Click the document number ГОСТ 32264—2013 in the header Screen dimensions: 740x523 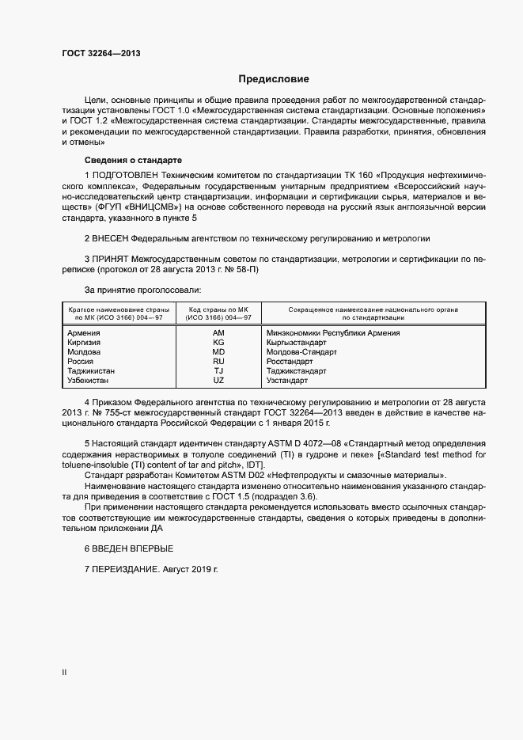pyautogui.click(x=100, y=54)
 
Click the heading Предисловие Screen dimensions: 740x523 pyautogui.click(x=274, y=79)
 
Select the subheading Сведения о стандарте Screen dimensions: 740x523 pyautogui.click(x=133, y=160)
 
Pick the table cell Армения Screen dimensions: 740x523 pyautogui.click(x=84, y=333)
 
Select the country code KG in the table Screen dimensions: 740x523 pyautogui.click(x=218, y=343)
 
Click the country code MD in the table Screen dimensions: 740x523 pyautogui.click(x=218, y=352)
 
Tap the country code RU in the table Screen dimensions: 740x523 pyautogui.click(x=218, y=362)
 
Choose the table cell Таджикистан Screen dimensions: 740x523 pyautogui.click(x=92, y=371)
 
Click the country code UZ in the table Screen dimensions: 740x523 pyautogui.click(x=218, y=381)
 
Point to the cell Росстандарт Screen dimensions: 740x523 pyautogui.click(x=290, y=362)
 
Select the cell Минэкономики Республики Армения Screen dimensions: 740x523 pyautogui.click(x=333, y=333)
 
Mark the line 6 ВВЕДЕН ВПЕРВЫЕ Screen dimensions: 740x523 pyautogui.click(x=128, y=548)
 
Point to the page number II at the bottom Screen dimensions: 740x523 pyautogui.click(x=64, y=673)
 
